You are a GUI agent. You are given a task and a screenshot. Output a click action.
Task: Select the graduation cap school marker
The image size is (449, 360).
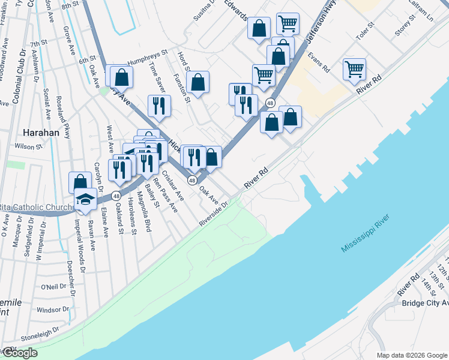(85, 199)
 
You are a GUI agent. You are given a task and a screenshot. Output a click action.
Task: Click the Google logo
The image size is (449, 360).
(19, 353)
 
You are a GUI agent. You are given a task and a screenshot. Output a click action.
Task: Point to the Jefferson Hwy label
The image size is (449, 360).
(319, 29)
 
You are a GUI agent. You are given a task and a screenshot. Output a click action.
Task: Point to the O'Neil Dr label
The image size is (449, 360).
(53, 287)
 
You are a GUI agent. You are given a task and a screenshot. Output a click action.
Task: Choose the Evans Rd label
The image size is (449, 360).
(318, 61)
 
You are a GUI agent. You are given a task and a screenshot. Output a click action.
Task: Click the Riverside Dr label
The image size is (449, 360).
(214, 214)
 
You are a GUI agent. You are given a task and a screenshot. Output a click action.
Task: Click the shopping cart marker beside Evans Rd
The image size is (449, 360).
(355, 69)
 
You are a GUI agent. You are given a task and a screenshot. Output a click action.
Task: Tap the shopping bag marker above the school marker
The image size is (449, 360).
(80, 182)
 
